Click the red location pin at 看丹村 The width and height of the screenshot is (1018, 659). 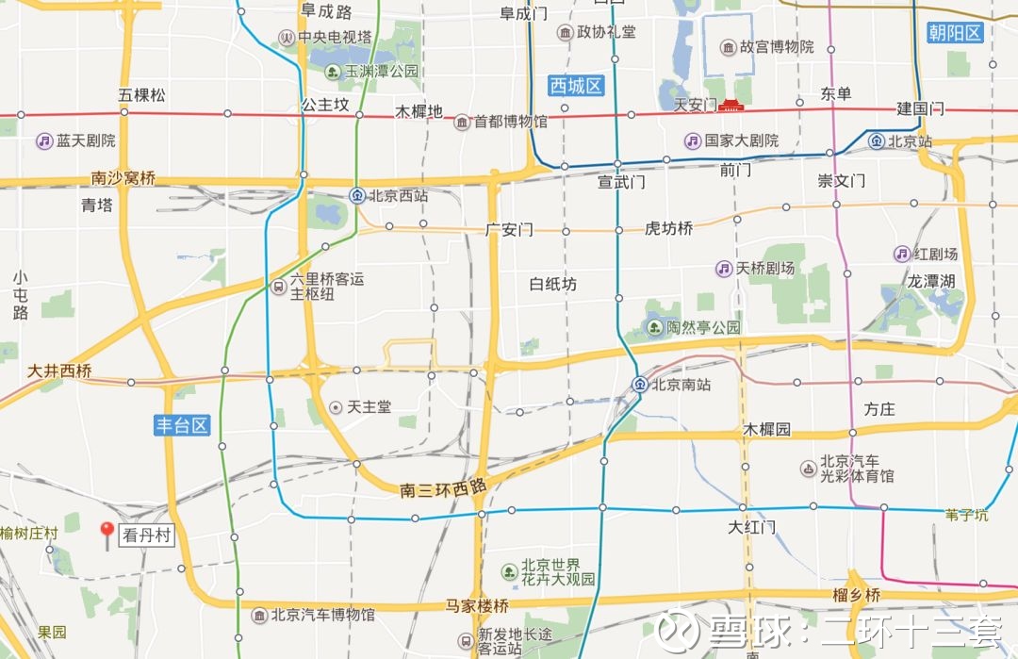pos(107,533)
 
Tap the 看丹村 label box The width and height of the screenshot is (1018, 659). pos(148,535)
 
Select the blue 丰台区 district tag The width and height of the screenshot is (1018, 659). pos(182,425)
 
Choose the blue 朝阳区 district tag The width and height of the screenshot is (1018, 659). pos(955,33)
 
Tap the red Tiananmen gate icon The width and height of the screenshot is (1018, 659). pos(731,105)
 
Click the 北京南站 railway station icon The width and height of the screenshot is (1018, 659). pos(640,384)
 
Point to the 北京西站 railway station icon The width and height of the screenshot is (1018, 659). pos(357,196)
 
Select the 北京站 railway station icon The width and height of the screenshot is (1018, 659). pos(877,141)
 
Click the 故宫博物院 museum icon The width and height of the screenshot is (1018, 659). pos(729,47)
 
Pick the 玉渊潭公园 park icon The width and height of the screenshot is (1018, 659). pos(333,71)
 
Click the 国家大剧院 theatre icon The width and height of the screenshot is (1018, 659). pos(693,140)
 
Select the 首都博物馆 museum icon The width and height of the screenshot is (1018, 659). pos(462,123)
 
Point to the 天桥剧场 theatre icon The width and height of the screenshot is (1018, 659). pos(723,269)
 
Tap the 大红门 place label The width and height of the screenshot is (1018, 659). pos(751,525)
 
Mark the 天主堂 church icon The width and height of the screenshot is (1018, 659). pos(336,407)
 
